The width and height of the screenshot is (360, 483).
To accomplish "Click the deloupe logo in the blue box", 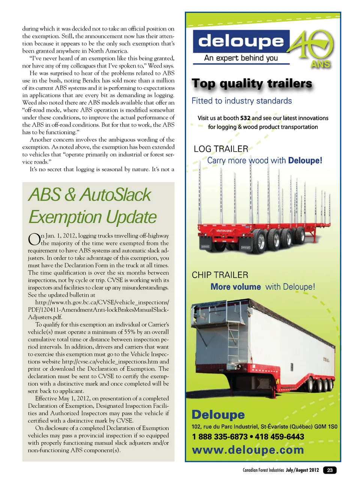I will pos(241,41).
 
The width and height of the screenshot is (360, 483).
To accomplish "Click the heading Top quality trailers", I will pos(252,83).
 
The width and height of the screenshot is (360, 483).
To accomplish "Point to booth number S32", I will pos(245,118).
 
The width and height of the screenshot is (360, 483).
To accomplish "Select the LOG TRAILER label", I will pos(220,149).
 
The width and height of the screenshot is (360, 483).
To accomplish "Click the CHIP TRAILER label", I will pos(220,275).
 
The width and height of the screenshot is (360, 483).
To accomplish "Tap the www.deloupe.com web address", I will pos(248,450).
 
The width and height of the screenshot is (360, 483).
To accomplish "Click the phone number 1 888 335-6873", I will pos(219,437).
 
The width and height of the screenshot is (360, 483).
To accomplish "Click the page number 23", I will pos(330,470).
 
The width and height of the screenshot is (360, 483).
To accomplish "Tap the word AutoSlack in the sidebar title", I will pos(115,195).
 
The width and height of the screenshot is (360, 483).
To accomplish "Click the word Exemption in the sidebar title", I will pos(65,217).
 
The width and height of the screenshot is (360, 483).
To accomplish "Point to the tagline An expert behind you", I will pos(241,58).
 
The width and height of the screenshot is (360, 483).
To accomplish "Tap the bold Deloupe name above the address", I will pos(218,415).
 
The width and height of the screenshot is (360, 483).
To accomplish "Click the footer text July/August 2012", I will pos(302,470).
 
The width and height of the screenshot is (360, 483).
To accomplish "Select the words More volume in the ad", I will pos(235,287).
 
